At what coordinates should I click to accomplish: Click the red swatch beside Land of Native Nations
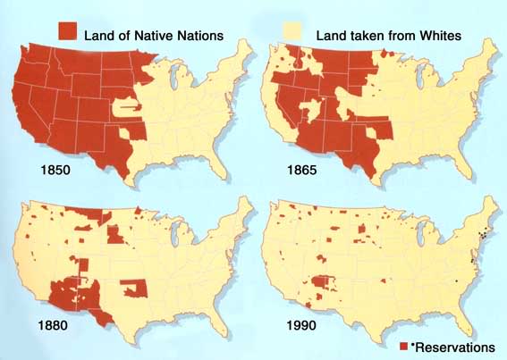70,35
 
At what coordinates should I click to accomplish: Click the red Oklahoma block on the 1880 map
131,289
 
